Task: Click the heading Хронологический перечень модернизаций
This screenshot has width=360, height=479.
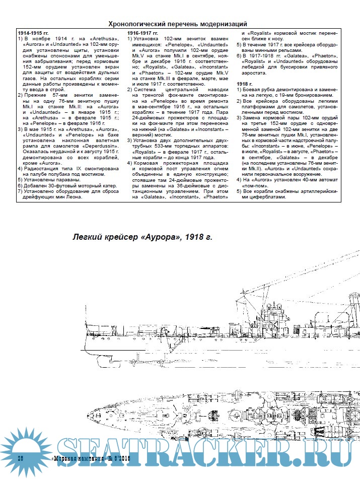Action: (178, 23)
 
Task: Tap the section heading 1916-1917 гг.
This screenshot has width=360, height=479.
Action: (142, 33)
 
